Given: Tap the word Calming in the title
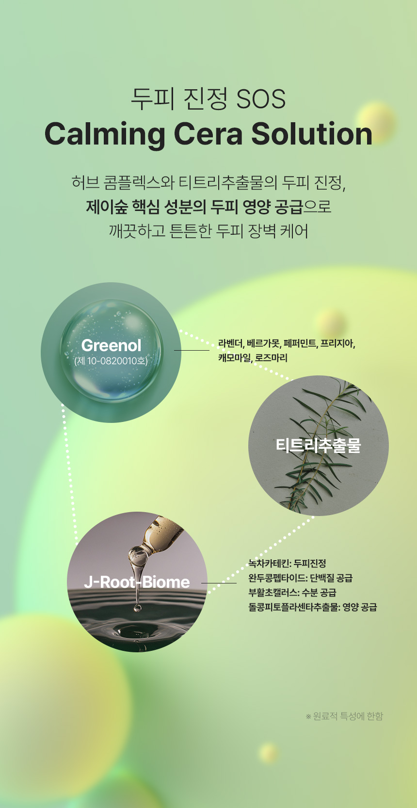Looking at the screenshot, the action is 104,135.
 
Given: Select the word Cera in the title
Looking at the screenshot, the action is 208,134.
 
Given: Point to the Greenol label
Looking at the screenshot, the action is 111,345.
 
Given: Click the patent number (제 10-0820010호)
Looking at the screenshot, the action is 111,361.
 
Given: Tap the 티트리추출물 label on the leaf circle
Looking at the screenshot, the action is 318,445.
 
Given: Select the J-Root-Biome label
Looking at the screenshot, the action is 137,582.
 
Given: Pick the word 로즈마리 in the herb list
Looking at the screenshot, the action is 271,358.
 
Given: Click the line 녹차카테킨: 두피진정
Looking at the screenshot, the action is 287,563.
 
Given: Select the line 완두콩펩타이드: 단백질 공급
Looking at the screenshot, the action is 301,578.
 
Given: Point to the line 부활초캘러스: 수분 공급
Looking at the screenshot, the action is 292,592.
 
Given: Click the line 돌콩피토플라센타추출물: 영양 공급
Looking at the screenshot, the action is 313,607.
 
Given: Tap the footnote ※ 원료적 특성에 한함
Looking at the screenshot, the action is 344,716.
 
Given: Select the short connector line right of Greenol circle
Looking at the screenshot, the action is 192,350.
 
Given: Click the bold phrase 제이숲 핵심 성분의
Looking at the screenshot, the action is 146,207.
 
